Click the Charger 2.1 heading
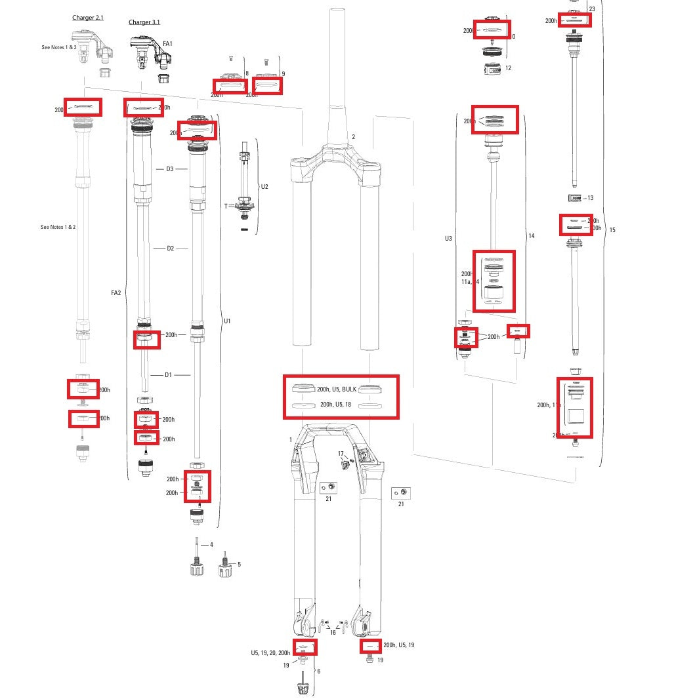tap(88, 18)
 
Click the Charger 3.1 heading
tap(144, 22)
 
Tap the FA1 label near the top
tap(167, 44)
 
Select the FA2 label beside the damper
tap(116, 293)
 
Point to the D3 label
tap(170, 169)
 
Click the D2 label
tap(170, 249)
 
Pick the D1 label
tap(168, 375)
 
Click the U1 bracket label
tap(227, 321)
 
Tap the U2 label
tap(264, 187)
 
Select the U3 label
tap(448, 239)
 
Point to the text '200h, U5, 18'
tap(336, 405)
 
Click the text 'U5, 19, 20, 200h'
tap(270, 653)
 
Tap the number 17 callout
tap(341, 454)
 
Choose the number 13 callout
tap(590, 198)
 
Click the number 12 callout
tap(508, 68)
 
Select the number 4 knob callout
tap(211, 545)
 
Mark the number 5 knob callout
tap(239, 564)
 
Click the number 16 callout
tap(333, 633)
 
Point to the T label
tap(226, 206)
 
